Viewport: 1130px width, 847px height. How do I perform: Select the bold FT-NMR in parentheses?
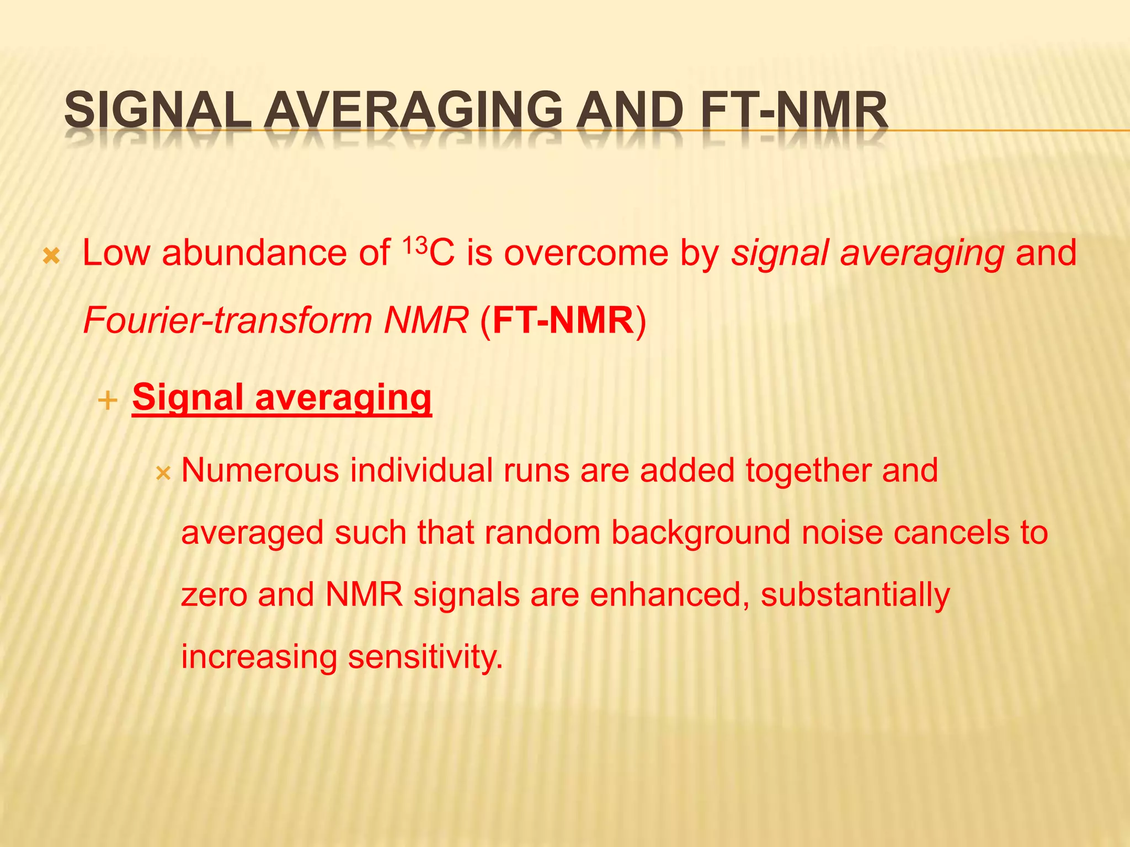(563, 320)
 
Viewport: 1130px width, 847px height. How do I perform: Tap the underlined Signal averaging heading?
(281, 397)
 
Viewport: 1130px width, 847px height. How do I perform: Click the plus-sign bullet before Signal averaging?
(108, 400)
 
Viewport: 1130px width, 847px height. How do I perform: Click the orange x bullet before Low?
(51, 256)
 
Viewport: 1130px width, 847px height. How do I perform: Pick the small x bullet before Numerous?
(163, 473)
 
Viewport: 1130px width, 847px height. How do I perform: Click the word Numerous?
(260, 470)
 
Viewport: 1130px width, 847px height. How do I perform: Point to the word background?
(700, 533)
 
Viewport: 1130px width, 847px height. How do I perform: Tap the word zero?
(214, 596)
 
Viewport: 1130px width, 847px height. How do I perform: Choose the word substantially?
(855, 596)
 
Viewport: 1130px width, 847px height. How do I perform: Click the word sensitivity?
(425, 657)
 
